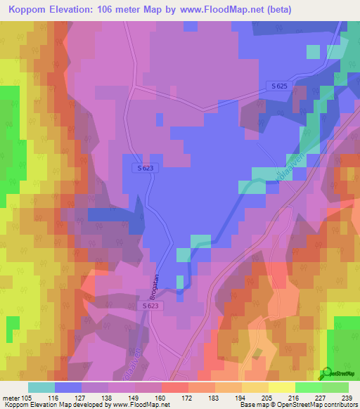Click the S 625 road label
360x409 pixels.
[x=281, y=86]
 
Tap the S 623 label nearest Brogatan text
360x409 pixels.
[x=149, y=306]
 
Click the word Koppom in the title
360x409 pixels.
[x=31, y=10]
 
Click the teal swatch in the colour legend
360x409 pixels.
[x=41, y=387]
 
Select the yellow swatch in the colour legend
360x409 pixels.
[x=281, y=387]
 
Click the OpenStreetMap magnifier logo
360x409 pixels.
[x=327, y=373]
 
